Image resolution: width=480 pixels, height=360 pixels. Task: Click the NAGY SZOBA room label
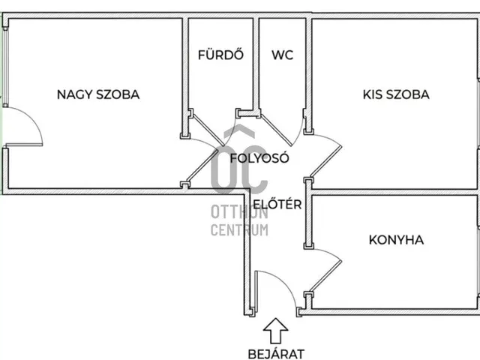click(x=98, y=94)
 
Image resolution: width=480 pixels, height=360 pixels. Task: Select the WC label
click(x=283, y=55)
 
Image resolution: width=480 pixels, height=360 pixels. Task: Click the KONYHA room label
click(x=396, y=240)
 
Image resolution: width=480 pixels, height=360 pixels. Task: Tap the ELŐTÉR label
click(x=277, y=203)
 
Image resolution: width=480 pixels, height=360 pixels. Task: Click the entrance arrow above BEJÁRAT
click(x=276, y=330)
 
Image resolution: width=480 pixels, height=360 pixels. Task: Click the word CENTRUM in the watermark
click(x=239, y=230)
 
